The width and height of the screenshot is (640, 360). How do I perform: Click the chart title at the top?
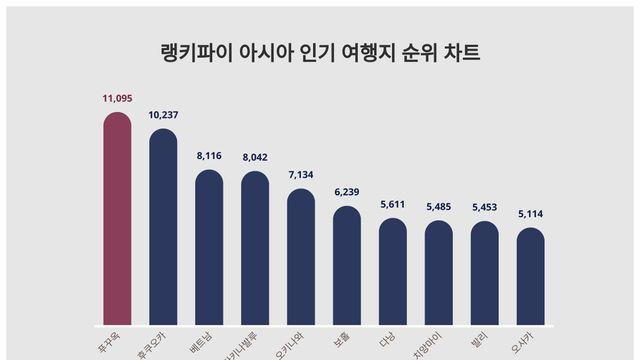[320, 53]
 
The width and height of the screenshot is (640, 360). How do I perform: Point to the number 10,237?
[163, 115]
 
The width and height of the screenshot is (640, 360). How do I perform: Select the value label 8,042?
[255, 157]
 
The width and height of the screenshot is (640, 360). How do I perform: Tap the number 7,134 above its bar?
[301, 175]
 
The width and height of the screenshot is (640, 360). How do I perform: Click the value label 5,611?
[393, 204]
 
